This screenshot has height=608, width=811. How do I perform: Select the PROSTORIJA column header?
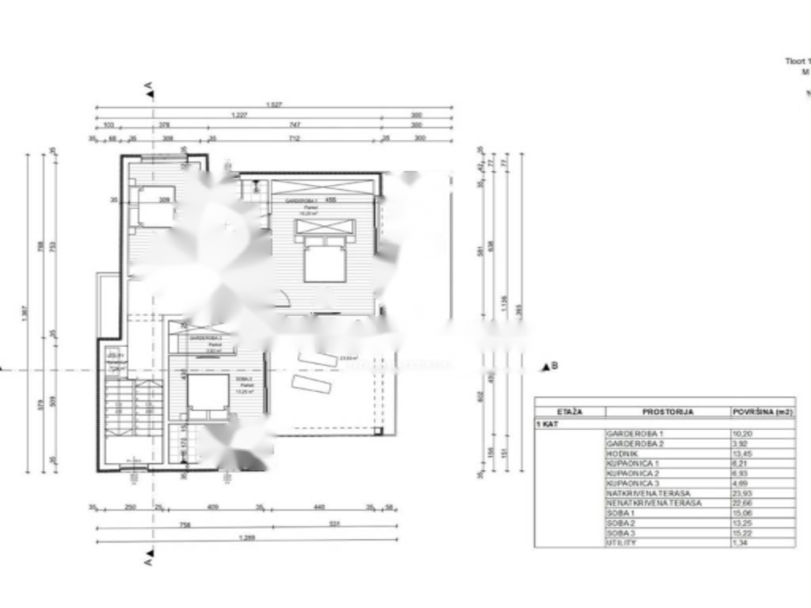[x=668, y=412]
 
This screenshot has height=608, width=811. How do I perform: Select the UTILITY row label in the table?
[x=621, y=542]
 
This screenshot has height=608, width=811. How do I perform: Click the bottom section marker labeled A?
[x=148, y=560]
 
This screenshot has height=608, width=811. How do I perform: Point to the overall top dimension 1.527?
[x=274, y=104]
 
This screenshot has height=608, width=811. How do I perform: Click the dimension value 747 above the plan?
[x=294, y=124]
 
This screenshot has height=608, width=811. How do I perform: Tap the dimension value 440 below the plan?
[x=319, y=507]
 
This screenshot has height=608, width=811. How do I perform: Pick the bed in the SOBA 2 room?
[x=208, y=394]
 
